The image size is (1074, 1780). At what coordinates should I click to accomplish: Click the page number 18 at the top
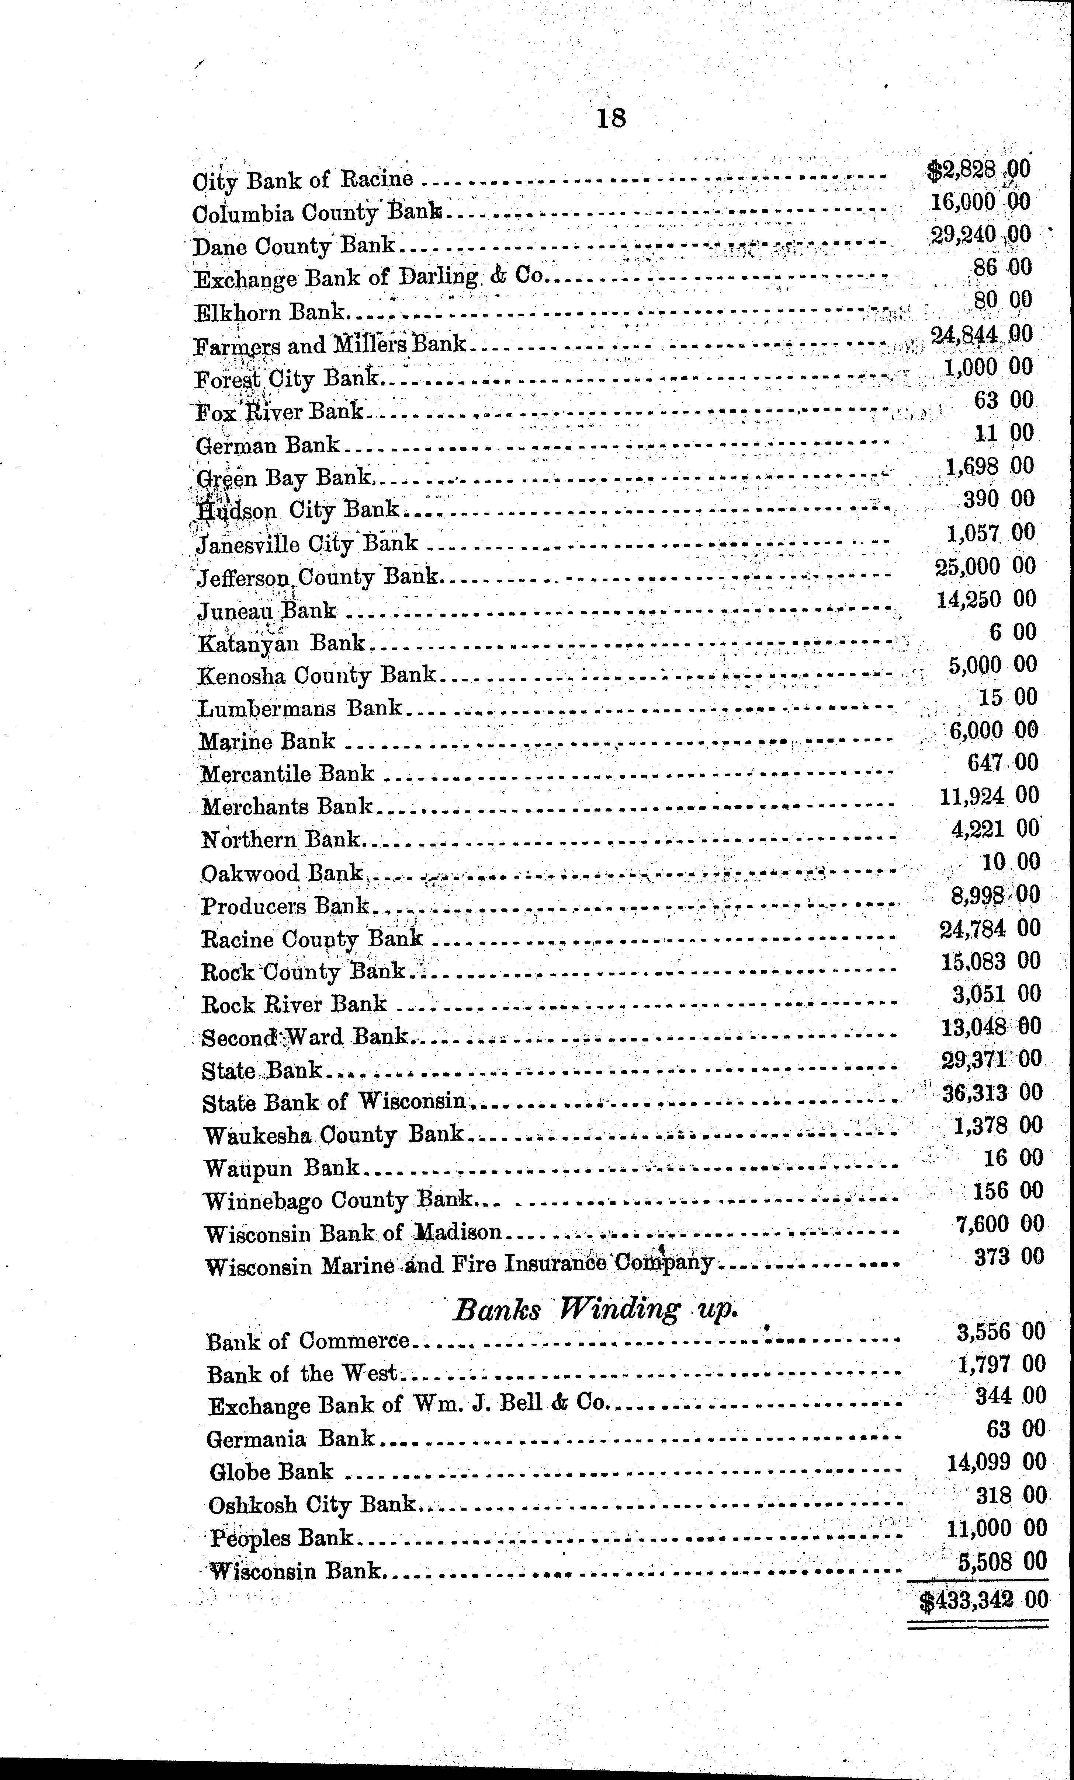pyautogui.click(x=612, y=118)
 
